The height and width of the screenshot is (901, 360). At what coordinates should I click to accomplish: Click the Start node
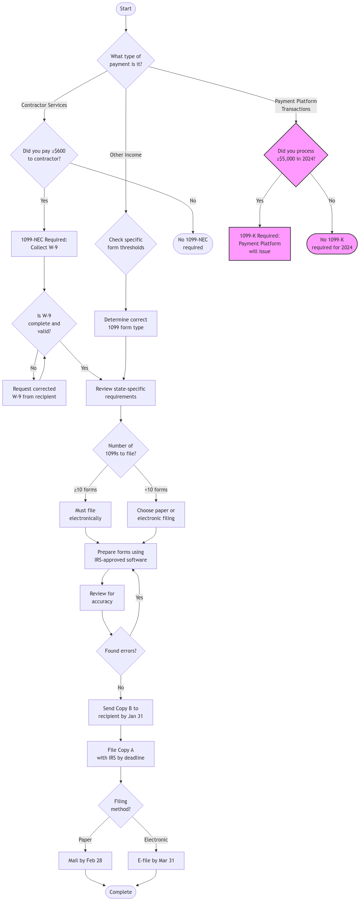click(x=126, y=9)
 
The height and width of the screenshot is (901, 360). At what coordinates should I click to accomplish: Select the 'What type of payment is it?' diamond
click(x=126, y=60)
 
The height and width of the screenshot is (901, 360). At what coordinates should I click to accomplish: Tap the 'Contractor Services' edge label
click(x=44, y=105)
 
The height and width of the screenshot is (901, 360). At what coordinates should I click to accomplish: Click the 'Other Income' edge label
click(x=126, y=155)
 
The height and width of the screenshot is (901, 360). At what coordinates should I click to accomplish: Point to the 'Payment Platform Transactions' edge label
click(x=296, y=105)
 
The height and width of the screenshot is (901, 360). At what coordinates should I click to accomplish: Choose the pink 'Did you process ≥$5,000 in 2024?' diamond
click(x=296, y=155)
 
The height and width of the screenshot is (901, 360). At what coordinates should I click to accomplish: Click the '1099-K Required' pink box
click(x=260, y=243)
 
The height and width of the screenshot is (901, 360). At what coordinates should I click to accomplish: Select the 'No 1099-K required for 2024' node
click(x=332, y=243)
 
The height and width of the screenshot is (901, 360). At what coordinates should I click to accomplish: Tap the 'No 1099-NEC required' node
click(x=193, y=243)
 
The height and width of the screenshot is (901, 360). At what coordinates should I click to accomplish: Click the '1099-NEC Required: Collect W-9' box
click(x=44, y=243)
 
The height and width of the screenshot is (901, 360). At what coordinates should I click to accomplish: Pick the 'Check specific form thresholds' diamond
click(x=126, y=243)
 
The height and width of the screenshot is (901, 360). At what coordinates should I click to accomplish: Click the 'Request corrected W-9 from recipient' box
click(x=34, y=393)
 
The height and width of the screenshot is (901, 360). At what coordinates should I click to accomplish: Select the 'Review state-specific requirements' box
click(x=121, y=393)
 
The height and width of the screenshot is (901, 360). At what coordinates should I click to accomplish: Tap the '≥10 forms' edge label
click(x=85, y=490)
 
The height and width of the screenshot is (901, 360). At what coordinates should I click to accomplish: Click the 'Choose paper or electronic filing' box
click(x=156, y=515)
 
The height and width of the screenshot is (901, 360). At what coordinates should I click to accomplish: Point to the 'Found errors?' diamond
click(x=121, y=651)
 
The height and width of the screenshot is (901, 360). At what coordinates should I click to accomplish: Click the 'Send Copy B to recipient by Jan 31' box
click(x=121, y=712)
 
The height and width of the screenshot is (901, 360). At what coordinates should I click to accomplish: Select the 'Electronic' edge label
click(x=156, y=840)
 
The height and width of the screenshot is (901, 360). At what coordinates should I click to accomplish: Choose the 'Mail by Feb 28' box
click(x=85, y=860)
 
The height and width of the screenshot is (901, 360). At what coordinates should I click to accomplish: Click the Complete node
click(x=121, y=892)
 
